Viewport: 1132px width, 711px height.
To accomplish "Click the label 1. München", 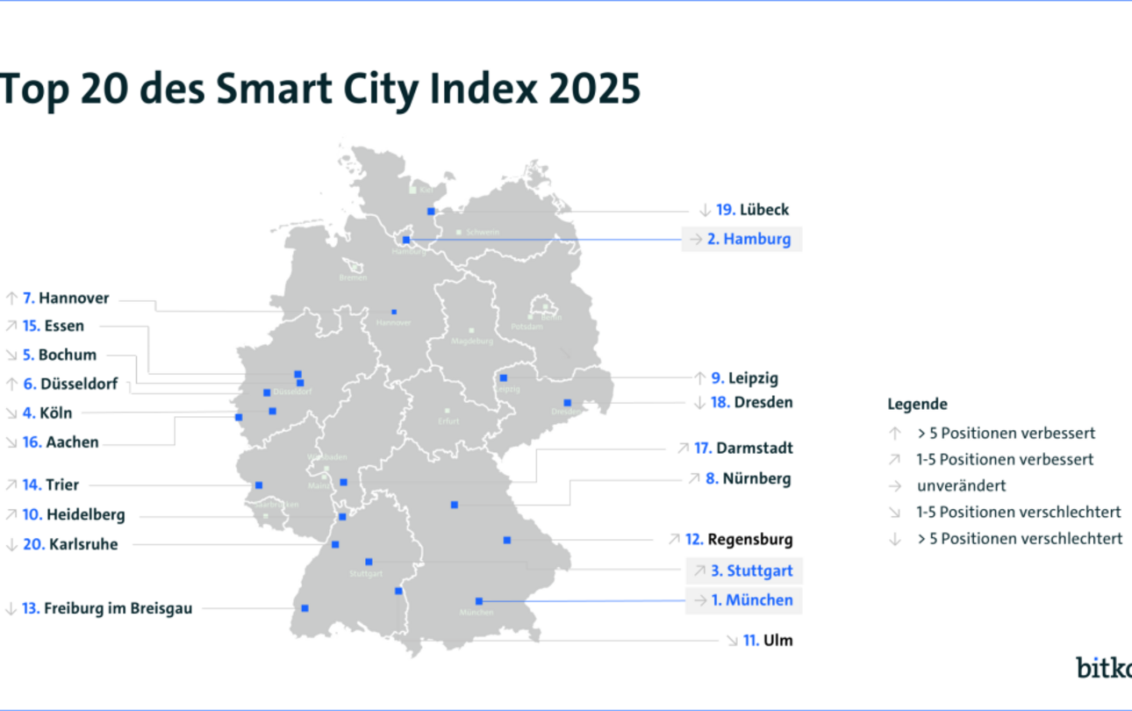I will tap(750, 600).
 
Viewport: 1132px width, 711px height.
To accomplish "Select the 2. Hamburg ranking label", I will tap(749, 239).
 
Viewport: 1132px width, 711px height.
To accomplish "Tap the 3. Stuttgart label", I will tap(751, 571).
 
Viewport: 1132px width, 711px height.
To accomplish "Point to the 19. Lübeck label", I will tap(752, 210).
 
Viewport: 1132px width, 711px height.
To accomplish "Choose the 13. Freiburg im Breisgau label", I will tap(106, 607).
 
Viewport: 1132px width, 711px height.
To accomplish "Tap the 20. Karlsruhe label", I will tap(70, 544).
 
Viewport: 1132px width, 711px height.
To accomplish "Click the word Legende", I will tap(917, 405).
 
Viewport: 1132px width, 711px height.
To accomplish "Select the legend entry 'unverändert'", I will tap(961, 485).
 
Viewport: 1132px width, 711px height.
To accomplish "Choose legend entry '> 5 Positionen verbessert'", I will tap(1006, 433).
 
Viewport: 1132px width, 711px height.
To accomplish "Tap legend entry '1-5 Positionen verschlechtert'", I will tap(1019, 512).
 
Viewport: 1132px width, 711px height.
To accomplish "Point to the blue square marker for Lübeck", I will tap(431, 212).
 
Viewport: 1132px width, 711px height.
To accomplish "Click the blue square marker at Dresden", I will tap(567, 403).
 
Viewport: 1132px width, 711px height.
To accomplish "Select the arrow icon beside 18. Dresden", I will tap(699, 403).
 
